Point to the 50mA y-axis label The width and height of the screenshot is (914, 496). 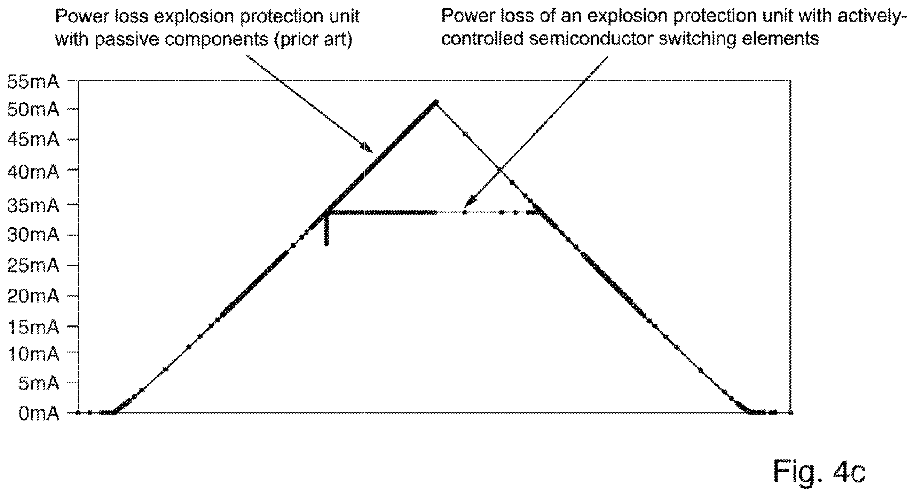[x=33, y=110]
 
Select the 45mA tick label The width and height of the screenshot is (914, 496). [x=33, y=140]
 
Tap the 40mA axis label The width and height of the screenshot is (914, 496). [x=33, y=172]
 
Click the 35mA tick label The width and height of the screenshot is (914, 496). [x=33, y=206]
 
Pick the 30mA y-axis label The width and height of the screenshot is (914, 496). [x=33, y=235]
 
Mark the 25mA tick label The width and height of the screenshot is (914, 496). [x=33, y=265]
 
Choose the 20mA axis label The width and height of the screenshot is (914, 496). [x=33, y=296]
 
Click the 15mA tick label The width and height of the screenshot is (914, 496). [x=33, y=327]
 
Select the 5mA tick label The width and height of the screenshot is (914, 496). [x=39, y=383]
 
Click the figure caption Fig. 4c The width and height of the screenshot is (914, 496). [x=820, y=472]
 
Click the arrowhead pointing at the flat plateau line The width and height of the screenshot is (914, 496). [x=469, y=202]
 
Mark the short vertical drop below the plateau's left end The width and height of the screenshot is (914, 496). [x=326, y=231]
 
